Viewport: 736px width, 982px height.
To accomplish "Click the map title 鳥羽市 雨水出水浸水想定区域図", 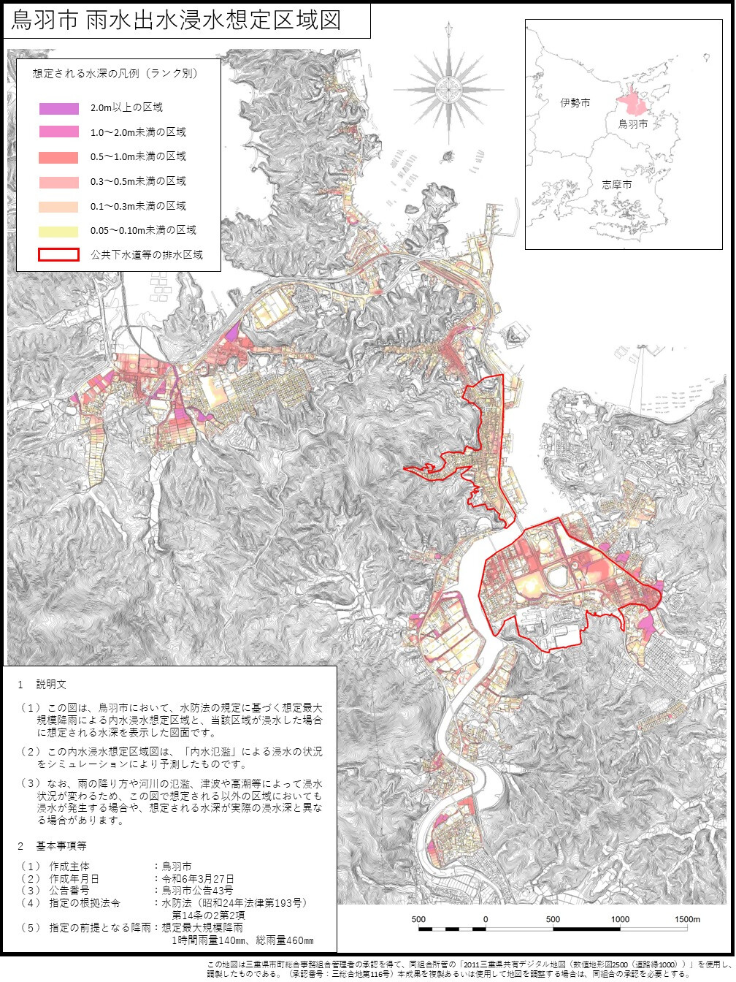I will point(177,20).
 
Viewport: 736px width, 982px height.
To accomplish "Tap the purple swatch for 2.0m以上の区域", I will point(59,108).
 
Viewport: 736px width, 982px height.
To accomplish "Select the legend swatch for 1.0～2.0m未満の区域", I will point(59,132).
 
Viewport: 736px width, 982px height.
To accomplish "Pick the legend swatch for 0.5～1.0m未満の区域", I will point(59,157).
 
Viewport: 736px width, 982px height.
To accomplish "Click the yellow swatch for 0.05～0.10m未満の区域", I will point(59,231).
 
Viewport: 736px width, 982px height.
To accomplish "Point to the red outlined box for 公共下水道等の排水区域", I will point(59,255).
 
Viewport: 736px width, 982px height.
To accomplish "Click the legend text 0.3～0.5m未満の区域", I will point(138,181).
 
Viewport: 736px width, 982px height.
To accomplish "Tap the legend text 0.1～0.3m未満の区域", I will point(138,206).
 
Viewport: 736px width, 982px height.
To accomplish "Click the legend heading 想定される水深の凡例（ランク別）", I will point(115,74).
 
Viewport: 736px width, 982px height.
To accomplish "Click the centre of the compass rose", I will point(448,90).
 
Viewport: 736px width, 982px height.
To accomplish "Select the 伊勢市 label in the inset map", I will point(575,104).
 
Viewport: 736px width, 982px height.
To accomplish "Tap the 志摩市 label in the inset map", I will point(617,185).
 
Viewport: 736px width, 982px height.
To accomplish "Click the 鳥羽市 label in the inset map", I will point(633,124).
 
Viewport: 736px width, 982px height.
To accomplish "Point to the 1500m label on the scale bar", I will point(687,919).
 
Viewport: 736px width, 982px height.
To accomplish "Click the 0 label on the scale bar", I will point(486,919).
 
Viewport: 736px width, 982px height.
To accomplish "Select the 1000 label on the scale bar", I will point(620,919).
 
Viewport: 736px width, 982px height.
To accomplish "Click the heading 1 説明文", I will point(42,685).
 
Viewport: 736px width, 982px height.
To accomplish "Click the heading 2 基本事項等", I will point(53,846).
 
